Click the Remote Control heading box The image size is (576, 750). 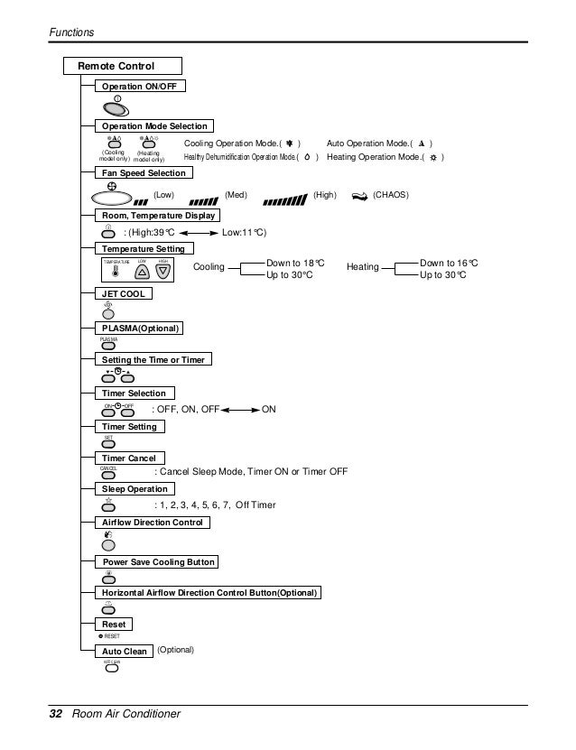pos(123,66)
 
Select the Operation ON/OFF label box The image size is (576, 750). pos(140,86)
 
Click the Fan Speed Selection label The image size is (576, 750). pos(144,172)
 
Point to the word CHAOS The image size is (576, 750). pos(390,194)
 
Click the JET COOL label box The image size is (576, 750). pos(124,294)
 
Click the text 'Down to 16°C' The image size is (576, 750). pos(449,262)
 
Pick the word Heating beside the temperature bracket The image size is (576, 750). pos(361,268)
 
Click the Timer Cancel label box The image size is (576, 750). pos(129,458)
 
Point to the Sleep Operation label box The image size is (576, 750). pos(135,488)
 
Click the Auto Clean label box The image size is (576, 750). pos(124,651)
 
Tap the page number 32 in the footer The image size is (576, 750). pos(54,714)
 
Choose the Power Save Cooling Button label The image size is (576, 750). pos(158,562)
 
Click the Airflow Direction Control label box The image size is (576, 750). pos(154,523)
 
